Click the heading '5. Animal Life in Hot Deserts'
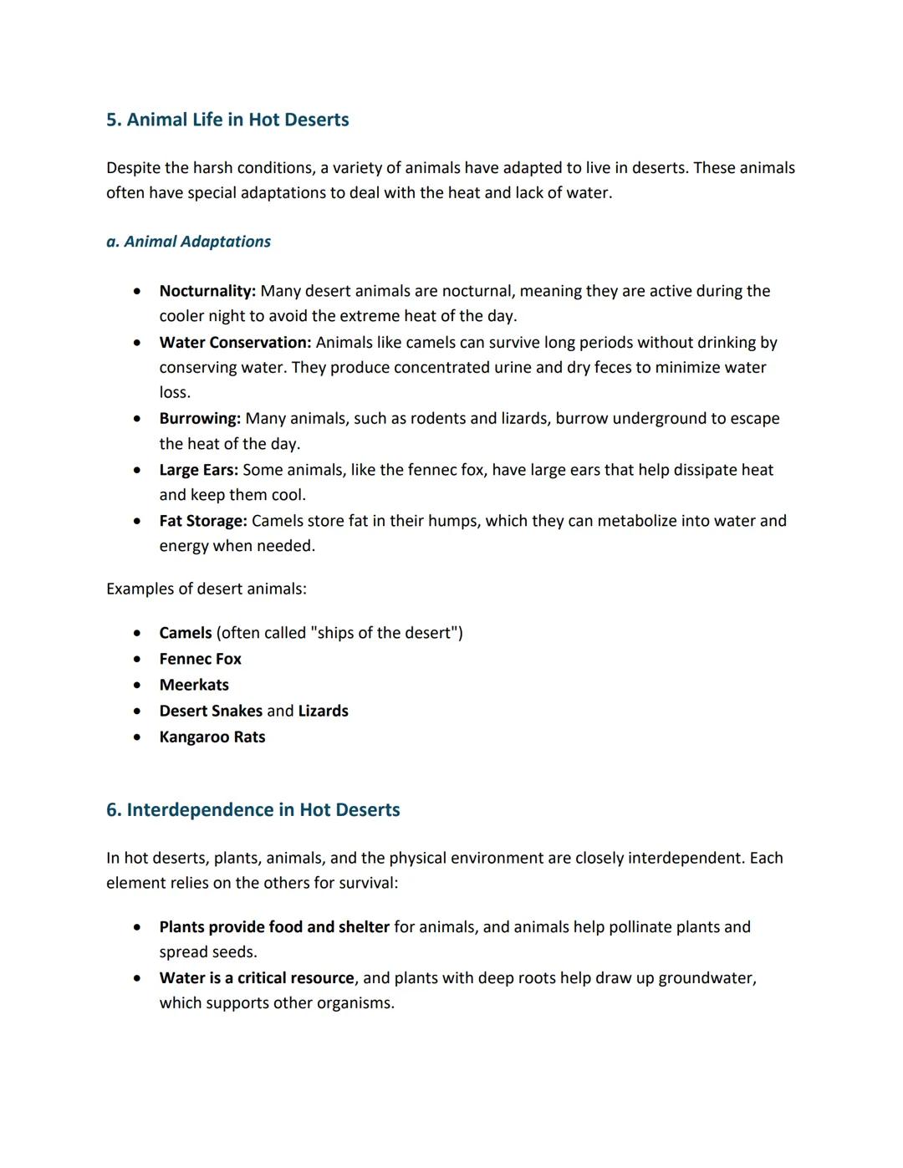[227, 120]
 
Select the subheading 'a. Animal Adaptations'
[188, 242]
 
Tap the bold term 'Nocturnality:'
[207, 291]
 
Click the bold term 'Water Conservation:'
[235, 342]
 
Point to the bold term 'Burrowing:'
[200, 418]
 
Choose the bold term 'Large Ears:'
[198, 470]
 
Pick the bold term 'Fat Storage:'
[203, 521]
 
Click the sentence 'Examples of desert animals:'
[206, 589]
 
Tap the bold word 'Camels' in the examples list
[186, 633]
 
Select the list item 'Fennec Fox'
[200, 659]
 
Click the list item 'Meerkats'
[194, 685]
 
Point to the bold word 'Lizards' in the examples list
[323, 711]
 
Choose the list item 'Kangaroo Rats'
[212, 737]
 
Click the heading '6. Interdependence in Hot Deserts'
[253, 809]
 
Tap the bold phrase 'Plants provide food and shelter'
[274, 926]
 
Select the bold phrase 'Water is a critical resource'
[257, 977]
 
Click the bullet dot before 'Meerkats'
[136, 685]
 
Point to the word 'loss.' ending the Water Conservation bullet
[175, 392]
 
